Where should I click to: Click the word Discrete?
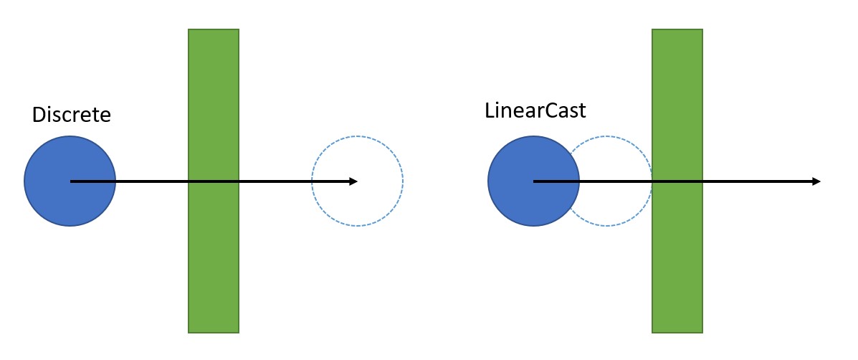pos(72,115)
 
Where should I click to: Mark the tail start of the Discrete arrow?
pos(71,181)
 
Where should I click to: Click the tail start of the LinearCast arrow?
pos(534,181)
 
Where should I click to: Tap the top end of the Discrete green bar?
pos(214,32)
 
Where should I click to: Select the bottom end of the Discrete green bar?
pos(214,331)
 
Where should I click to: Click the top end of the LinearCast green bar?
pos(677,32)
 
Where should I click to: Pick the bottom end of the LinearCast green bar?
pos(677,331)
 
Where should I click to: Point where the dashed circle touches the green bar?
pos(652,181)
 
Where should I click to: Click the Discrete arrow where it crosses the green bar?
pos(214,181)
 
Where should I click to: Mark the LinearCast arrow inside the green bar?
pos(677,181)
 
